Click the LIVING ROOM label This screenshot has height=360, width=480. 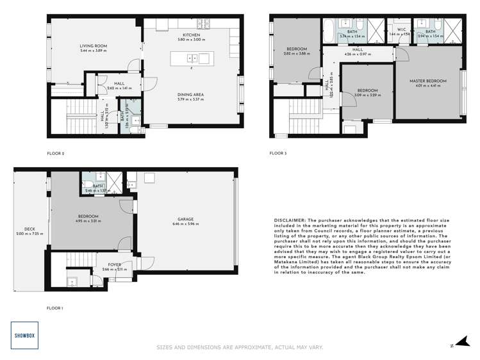click(92, 45)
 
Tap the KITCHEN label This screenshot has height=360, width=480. click(192, 35)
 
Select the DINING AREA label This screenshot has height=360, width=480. click(191, 95)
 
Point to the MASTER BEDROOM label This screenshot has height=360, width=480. click(428, 81)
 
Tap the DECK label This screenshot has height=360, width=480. click(29, 229)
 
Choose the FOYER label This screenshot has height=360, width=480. click(114, 265)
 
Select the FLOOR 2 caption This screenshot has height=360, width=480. click(56, 153)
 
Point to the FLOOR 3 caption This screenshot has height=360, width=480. click(278, 153)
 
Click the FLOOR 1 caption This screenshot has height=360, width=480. click(55, 308)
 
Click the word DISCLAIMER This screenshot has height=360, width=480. click(292, 220)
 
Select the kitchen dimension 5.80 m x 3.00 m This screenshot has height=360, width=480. click(192, 40)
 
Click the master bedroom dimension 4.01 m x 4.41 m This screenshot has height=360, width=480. click(428, 86)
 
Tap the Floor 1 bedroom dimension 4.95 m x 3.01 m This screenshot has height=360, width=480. click(88, 222)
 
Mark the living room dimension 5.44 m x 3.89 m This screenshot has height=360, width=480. click(92, 51)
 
